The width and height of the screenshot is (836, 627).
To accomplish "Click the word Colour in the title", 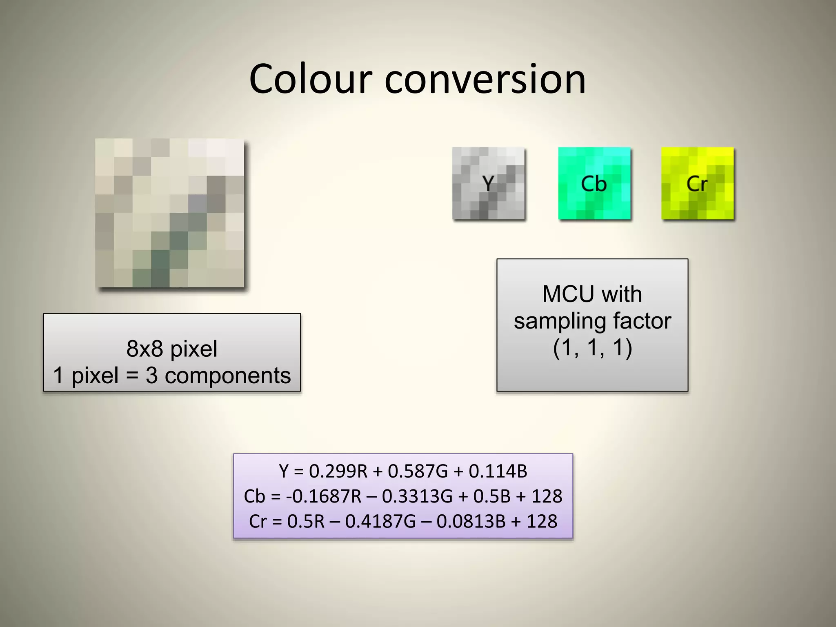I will tap(311, 79).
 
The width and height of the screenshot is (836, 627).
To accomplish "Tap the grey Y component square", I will tap(488, 183).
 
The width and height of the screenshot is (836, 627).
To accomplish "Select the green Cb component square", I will tap(594, 183).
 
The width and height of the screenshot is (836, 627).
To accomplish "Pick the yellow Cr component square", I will tap(697, 183).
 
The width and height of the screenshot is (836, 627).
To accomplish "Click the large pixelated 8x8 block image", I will tap(169, 213).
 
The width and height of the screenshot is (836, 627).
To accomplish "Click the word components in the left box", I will tap(227, 376).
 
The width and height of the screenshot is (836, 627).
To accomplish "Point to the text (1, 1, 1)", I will tap(592, 348).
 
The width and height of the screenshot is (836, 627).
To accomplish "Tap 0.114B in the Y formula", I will tap(498, 471).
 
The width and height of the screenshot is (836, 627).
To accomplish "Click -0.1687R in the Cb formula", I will tap(323, 496).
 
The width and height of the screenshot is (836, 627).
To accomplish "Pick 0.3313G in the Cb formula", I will tap(417, 496).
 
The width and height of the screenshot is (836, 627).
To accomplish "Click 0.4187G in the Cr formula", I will tap(380, 522).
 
